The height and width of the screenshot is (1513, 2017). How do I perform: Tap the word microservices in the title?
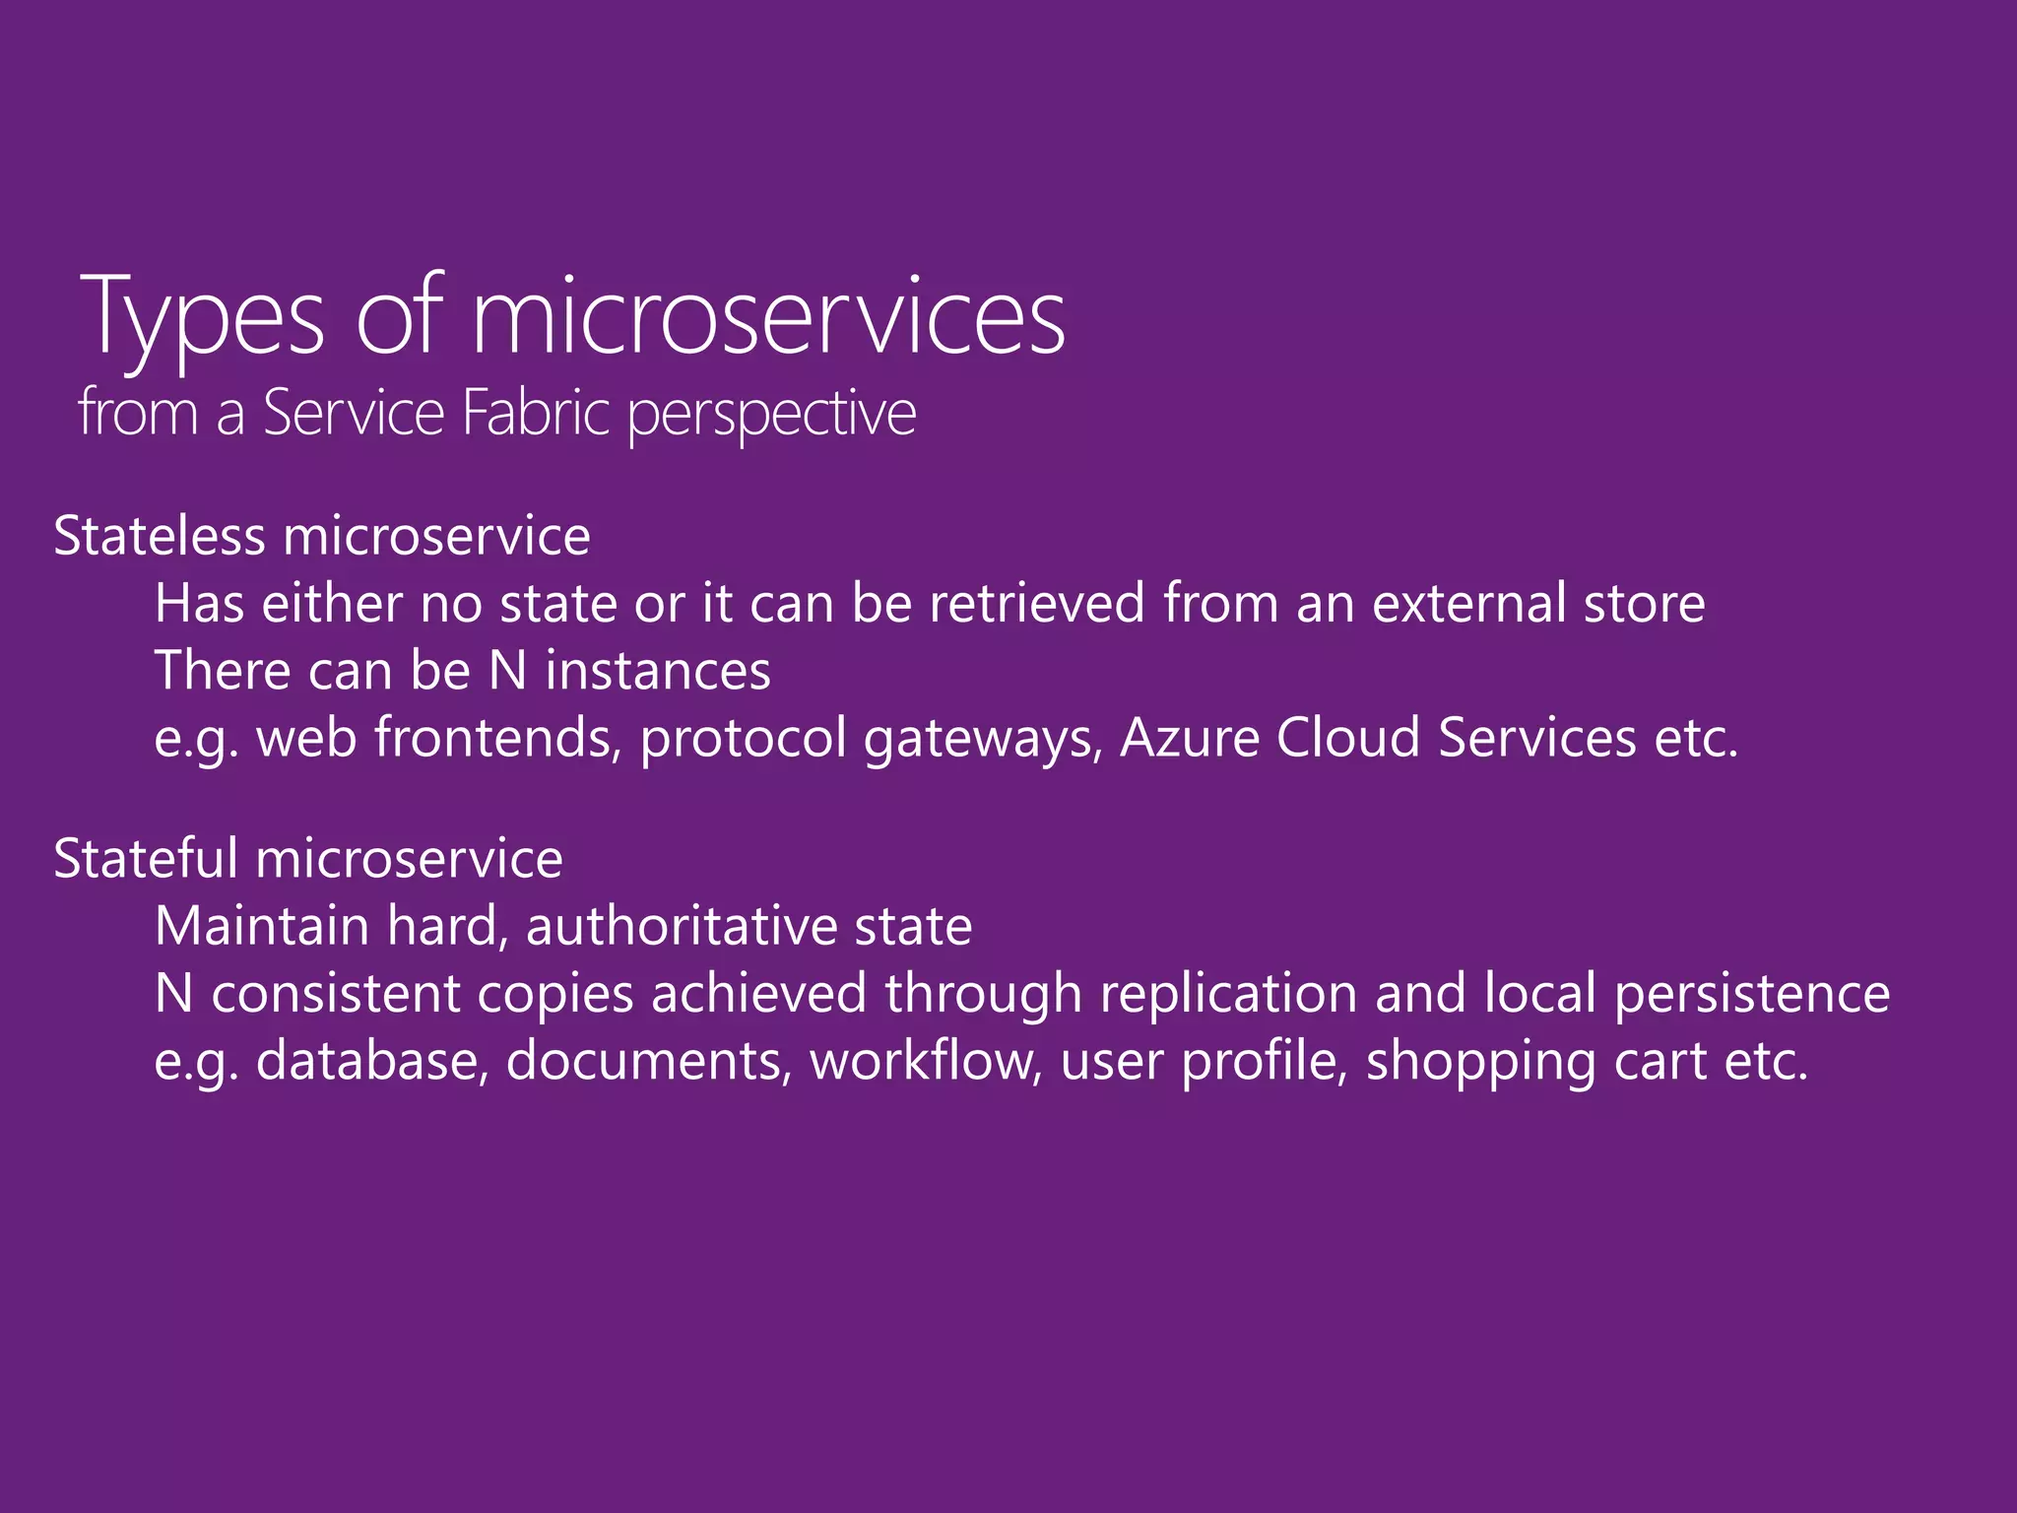[x=769, y=317]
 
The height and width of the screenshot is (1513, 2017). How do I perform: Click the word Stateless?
[x=160, y=537]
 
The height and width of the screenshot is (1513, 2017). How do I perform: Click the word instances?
[x=658, y=671]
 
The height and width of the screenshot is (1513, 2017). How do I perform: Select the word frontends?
[x=498, y=738]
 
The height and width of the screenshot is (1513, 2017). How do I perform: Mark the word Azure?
[x=1190, y=738]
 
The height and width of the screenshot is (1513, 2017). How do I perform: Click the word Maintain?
[x=262, y=926]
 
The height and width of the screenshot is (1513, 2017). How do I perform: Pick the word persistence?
[x=1752, y=994]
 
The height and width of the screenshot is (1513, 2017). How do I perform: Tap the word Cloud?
[x=1348, y=738]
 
